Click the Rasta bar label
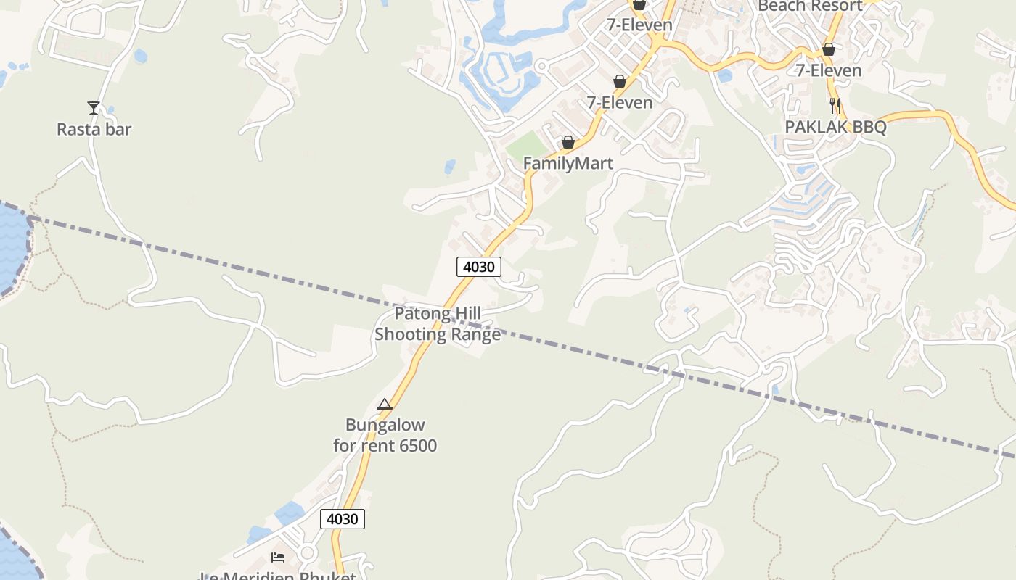tap(94, 129)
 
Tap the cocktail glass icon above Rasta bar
tap(94, 108)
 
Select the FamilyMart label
tap(568, 163)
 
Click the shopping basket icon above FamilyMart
tap(568, 142)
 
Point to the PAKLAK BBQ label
tap(835, 127)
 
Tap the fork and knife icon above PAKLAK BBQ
tap(835, 106)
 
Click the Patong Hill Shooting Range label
tap(437, 324)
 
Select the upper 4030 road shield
tap(479, 267)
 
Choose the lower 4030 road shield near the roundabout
tap(343, 519)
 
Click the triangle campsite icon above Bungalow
tap(385, 405)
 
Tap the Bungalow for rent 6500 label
tap(385, 435)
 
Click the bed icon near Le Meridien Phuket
tap(278, 557)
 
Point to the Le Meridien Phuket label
tap(278, 576)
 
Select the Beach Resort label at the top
tap(809, 6)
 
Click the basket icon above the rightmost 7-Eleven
tap(828, 49)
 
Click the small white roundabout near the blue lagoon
tap(541, 66)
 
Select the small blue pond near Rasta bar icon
tap(140, 56)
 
